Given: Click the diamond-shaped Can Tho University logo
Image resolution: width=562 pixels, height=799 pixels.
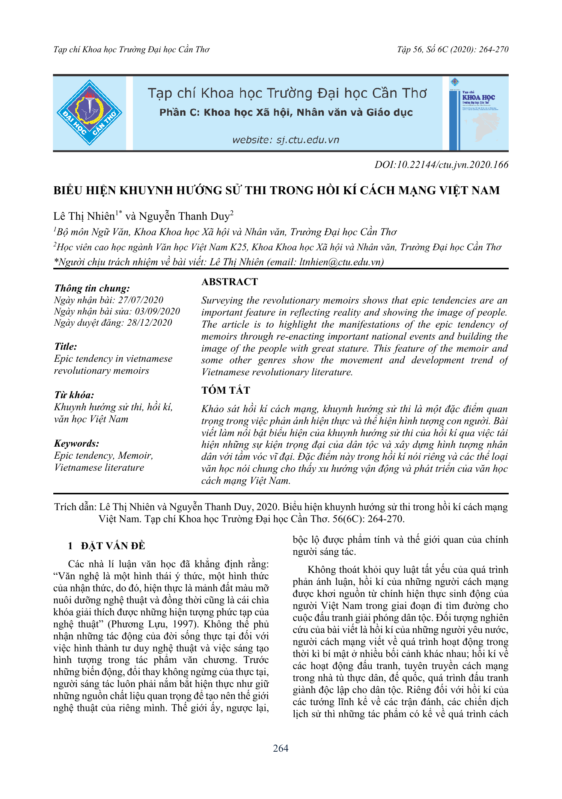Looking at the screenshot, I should click(x=89, y=113).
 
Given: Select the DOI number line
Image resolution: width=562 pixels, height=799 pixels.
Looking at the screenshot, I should click(x=441, y=165).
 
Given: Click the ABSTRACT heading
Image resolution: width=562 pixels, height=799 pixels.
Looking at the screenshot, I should click(x=229, y=282).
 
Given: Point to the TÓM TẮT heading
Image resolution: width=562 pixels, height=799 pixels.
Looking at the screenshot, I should click(x=226, y=390).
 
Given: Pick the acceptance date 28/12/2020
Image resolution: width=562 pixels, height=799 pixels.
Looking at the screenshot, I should click(x=149, y=322).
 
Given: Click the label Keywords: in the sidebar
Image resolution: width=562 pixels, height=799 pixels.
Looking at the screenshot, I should click(x=77, y=443).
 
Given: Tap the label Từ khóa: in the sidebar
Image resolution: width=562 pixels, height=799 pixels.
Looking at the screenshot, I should click(x=74, y=395).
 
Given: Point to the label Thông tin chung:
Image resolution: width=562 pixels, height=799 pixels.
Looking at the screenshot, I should click(x=92, y=288).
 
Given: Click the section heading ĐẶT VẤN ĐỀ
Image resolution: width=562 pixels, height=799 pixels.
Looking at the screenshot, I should click(x=113, y=546).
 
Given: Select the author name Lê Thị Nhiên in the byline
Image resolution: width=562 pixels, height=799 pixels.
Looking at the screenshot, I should click(x=84, y=216).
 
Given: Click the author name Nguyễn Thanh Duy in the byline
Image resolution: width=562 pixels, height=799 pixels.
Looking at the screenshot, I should click(x=184, y=216).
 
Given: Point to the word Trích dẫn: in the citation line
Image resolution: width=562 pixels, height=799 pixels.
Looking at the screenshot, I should click(x=75, y=507).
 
